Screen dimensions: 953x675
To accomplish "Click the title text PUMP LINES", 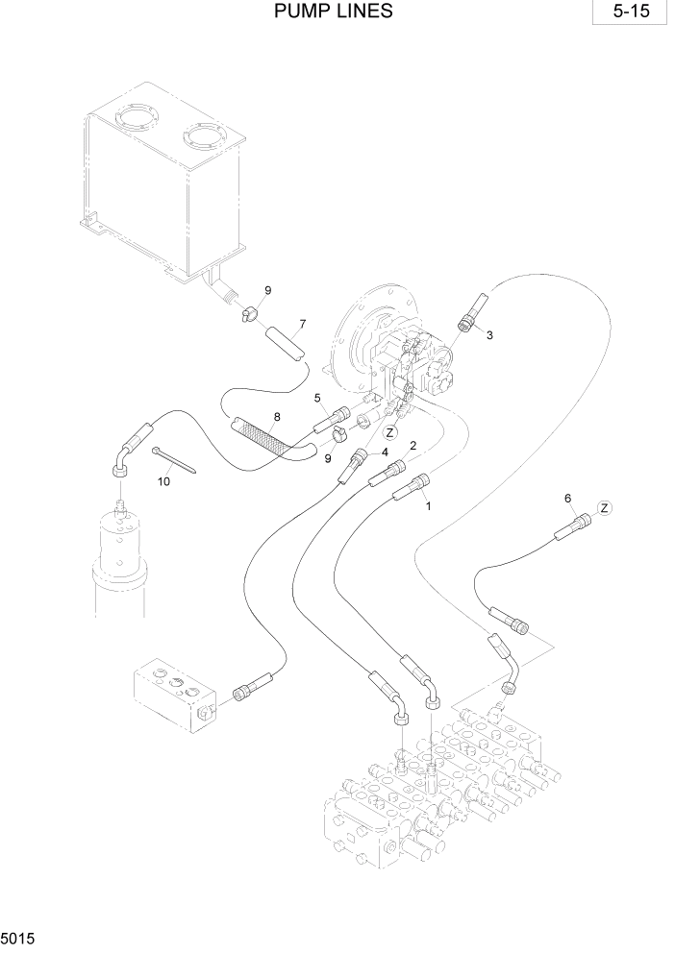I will (334, 12).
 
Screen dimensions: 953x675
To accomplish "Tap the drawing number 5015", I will (19, 935).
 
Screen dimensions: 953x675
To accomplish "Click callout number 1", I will (429, 503).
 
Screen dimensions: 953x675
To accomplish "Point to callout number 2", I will (413, 446).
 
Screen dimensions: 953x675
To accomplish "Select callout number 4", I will (385, 452).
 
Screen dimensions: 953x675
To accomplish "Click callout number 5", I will (316, 397).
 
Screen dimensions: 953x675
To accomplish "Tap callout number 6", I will (567, 498).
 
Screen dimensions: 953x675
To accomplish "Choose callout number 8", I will (277, 416).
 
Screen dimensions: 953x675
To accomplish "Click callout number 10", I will (163, 481).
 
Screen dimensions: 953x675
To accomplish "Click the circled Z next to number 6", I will (604, 507).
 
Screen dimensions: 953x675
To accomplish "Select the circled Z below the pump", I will (391, 432).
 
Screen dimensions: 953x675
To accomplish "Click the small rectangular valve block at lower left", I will (173, 693).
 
